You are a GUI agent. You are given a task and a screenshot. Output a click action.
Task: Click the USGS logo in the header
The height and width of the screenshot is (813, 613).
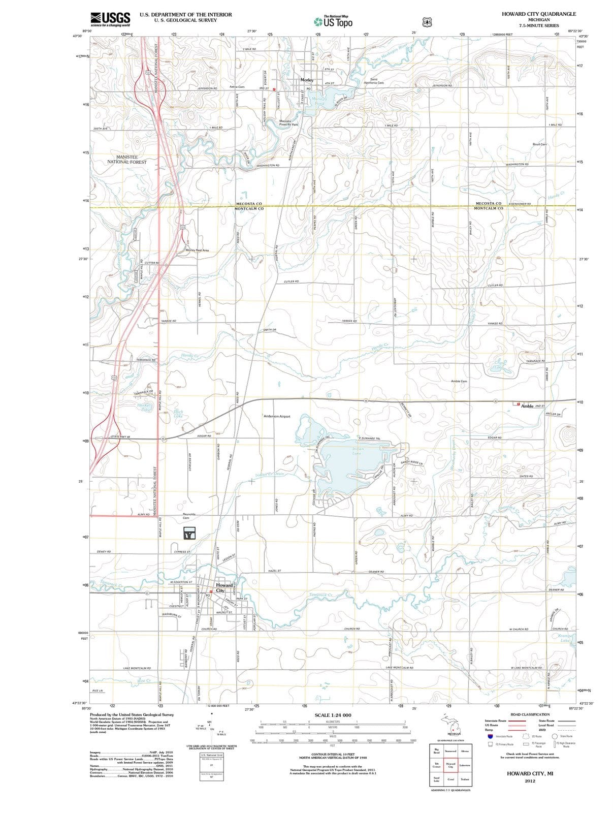pyautogui.click(x=110, y=19)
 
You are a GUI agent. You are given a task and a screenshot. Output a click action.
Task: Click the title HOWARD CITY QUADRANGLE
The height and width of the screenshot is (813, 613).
pyautogui.click(x=538, y=14)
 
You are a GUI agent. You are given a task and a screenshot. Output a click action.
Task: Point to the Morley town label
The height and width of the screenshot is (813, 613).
pyautogui.click(x=307, y=80)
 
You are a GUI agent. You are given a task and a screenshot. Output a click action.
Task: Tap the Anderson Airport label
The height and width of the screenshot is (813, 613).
pyautogui.click(x=277, y=416)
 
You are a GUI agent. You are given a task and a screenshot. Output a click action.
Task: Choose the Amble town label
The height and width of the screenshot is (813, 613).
pyautogui.click(x=527, y=406)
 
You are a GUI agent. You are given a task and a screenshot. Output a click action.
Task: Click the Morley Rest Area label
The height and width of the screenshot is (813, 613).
pyautogui.click(x=197, y=250)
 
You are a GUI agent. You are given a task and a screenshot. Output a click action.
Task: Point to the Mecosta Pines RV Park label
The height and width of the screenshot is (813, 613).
pyautogui.click(x=288, y=122)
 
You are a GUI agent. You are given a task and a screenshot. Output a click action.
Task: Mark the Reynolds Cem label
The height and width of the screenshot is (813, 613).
pyautogui.click(x=189, y=516)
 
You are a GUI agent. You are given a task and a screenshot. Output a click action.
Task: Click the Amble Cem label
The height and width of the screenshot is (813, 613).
pyautogui.click(x=459, y=381)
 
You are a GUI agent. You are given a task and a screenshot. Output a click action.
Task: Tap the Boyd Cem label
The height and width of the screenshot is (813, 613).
pyautogui.click(x=539, y=144)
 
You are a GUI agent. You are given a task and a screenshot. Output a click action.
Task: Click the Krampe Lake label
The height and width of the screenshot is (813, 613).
pyautogui.click(x=564, y=638)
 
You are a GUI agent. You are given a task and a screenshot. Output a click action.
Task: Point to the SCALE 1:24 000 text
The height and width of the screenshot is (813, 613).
pyautogui.click(x=333, y=715)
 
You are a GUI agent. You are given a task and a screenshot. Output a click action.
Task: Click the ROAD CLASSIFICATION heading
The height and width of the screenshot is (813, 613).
pyautogui.click(x=530, y=714)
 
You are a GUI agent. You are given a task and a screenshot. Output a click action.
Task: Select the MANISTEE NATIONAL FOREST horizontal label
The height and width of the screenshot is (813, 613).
pyautogui.click(x=126, y=160)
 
